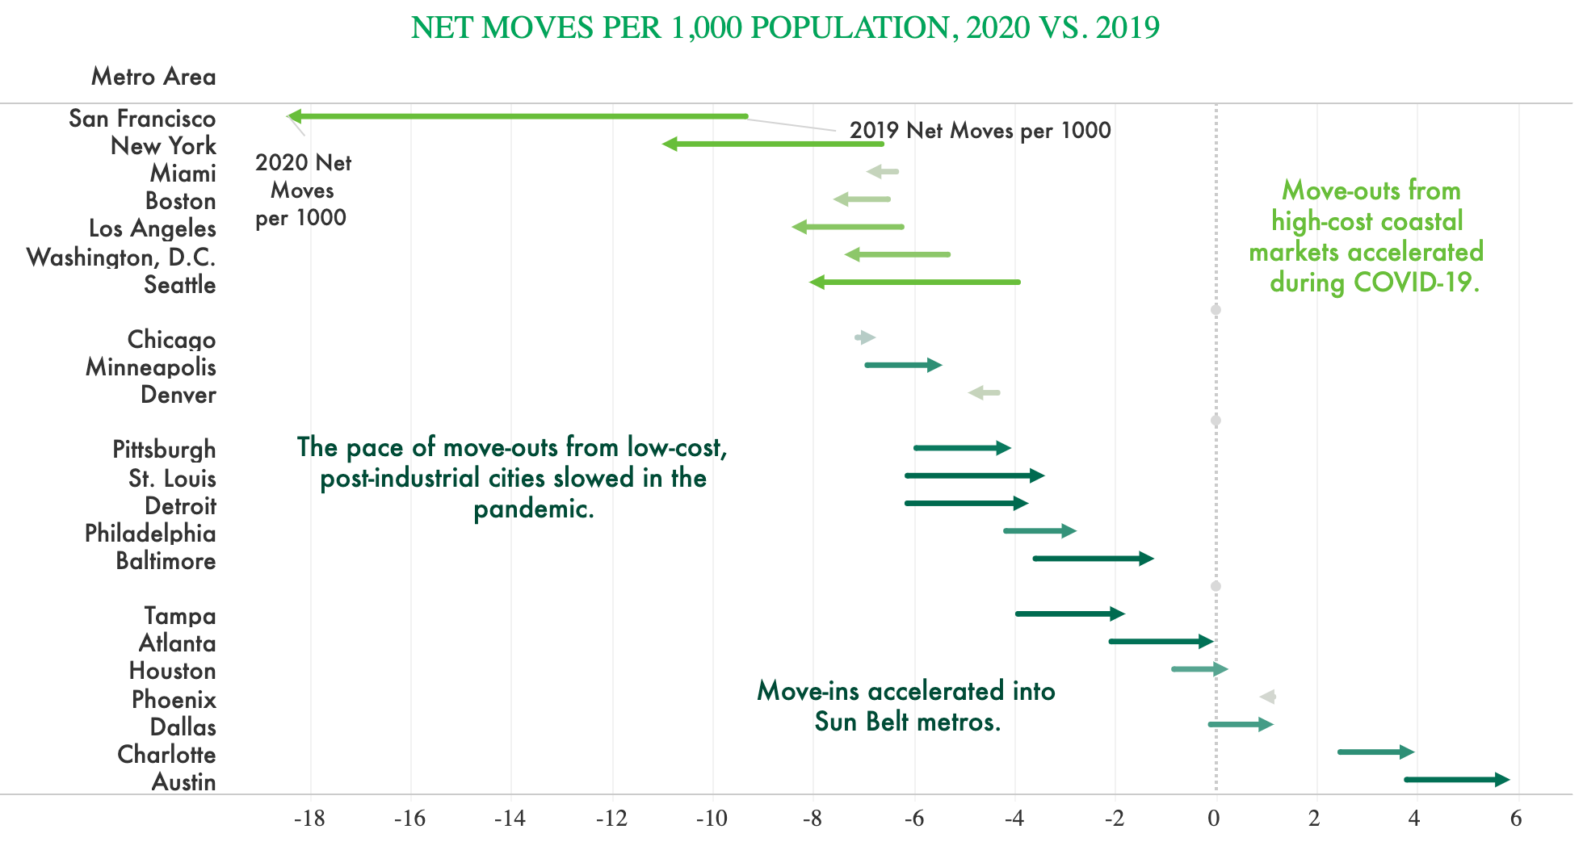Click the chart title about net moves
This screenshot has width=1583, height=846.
tap(785, 28)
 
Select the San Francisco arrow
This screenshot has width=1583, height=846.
tap(517, 116)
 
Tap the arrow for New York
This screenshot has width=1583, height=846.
tap(773, 144)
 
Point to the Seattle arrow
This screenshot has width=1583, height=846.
tap(914, 282)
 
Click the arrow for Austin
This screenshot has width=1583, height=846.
tap(1456, 779)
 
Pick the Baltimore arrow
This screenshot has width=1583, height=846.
tap(1093, 558)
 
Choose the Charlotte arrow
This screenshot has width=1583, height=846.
tap(1375, 752)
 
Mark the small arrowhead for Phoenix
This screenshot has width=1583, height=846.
tap(1268, 697)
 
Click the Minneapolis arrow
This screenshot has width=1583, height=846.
tap(903, 365)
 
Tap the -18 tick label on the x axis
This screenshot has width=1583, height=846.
tap(309, 819)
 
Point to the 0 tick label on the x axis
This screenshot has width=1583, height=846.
tap(1214, 819)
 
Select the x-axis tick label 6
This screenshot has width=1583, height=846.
tap(1516, 819)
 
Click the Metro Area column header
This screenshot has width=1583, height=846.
tap(153, 77)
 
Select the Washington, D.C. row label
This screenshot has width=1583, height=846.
tap(121, 258)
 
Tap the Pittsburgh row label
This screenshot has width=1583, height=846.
tap(164, 450)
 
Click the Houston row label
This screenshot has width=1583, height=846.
tap(172, 671)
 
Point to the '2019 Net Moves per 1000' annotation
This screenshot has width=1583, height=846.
tap(980, 131)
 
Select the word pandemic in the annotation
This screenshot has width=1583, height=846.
tap(533, 509)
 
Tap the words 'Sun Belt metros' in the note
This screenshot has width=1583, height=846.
tap(907, 722)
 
